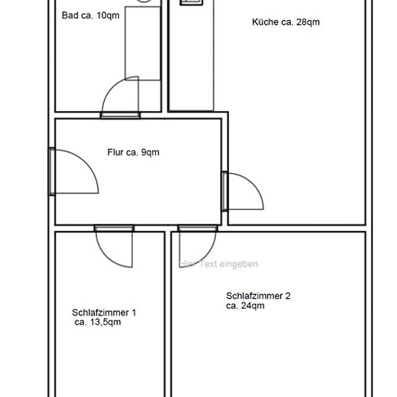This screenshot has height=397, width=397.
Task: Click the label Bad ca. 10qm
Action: click(x=90, y=15)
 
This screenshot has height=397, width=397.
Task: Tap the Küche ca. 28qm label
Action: click(x=286, y=22)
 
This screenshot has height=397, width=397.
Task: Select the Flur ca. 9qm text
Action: click(x=134, y=152)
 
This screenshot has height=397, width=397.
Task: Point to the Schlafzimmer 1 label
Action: click(x=104, y=313)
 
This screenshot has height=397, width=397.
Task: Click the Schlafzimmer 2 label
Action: click(x=258, y=295)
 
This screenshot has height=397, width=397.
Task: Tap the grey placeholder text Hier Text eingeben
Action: click(x=219, y=263)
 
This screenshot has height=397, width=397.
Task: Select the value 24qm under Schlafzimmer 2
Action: click(x=253, y=305)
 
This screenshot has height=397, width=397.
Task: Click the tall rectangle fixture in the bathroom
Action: click(x=143, y=43)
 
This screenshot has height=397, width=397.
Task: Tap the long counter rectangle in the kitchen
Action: click(x=192, y=55)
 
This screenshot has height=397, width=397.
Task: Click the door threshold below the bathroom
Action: click(x=121, y=115)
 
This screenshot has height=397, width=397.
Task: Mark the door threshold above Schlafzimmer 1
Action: click(x=114, y=228)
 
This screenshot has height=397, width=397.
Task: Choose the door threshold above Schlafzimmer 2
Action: click(x=198, y=228)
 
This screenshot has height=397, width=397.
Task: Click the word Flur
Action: click(x=115, y=152)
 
